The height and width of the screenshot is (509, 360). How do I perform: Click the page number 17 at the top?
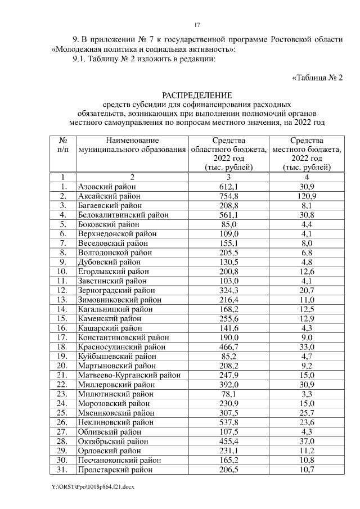(x=197, y=25)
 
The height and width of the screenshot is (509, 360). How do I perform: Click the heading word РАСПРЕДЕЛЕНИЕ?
(x=197, y=95)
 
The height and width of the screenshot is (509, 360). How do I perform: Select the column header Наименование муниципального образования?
(x=132, y=145)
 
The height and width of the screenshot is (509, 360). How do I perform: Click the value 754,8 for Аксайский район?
(x=229, y=196)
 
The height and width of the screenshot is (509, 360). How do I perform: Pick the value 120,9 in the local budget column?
(x=307, y=196)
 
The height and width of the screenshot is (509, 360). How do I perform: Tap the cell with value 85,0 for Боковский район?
(x=229, y=224)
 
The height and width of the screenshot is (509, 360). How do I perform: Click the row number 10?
(x=64, y=272)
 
